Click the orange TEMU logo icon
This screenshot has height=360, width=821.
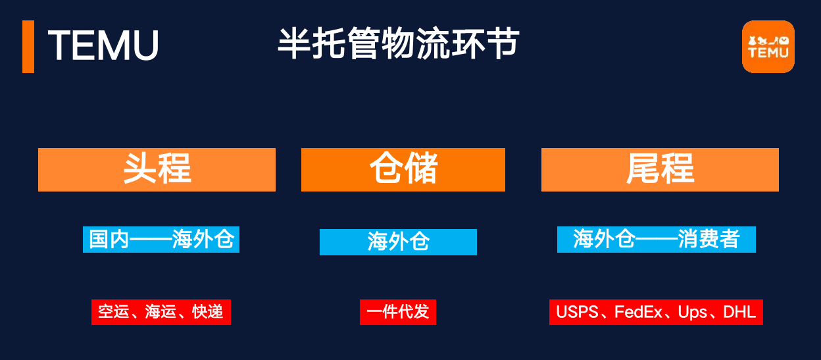click(768, 46)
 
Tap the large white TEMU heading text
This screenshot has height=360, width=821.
click(103, 46)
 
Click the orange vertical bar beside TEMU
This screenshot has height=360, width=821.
click(28, 46)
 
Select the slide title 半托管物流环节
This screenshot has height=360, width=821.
click(397, 44)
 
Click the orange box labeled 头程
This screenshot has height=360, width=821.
click(157, 170)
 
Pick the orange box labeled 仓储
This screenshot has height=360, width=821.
click(403, 170)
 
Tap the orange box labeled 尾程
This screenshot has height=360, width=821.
click(660, 170)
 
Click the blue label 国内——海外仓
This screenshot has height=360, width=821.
click(161, 240)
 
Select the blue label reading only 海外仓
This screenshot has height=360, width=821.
click(398, 242)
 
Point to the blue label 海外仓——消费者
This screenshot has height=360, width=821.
click(656, 239)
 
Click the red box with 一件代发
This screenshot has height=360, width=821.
click(397, 311)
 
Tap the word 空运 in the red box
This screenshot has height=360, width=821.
click(113, 312)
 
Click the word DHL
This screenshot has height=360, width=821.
click(739, 312)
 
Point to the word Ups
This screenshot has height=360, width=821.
click(692, 312)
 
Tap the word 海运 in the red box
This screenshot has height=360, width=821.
click(161, 312)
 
